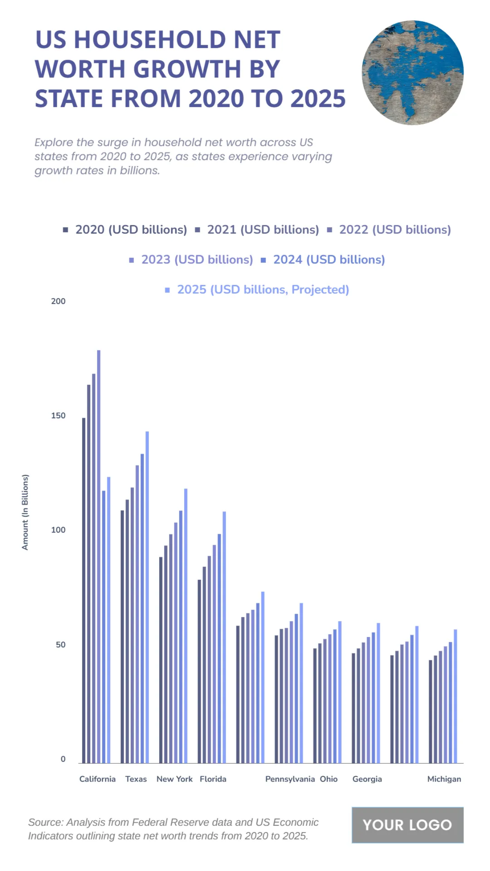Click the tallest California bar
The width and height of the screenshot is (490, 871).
click(x=98, y=555)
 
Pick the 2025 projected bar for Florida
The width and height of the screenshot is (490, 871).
click(x=224, y=637)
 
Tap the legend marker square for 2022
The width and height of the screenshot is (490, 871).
click(x=330, y=230)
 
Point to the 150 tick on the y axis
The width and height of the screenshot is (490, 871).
click(x=58, y=416)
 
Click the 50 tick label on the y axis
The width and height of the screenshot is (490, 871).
click(x=60, y=644)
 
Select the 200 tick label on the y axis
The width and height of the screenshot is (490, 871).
click(x=58, y=301)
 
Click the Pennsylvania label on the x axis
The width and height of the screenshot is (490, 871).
click(x=290, y=779)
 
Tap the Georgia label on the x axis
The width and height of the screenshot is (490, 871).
click(x=367, y=779)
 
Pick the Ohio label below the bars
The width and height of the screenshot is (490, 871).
click(x=329, y=779)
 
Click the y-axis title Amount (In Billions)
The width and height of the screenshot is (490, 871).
click(x=25, y=512)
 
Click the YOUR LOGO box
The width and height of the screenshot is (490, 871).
click(x=407, y=825)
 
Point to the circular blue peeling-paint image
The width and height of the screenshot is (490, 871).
click(x=412, y=73)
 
